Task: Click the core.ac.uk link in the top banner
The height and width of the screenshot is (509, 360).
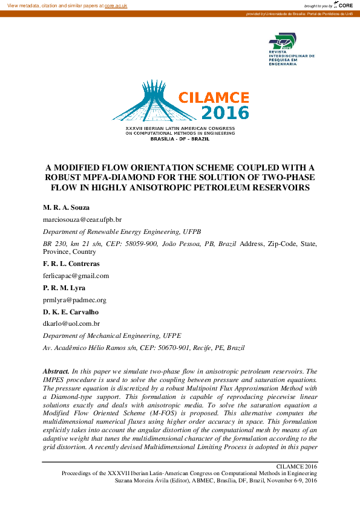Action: click(116, 5)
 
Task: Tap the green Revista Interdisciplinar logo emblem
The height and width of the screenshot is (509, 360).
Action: click(283, 42)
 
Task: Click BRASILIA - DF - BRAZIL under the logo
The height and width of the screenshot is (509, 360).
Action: click(180, 138)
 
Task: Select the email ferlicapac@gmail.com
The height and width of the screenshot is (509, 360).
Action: click(76, 276)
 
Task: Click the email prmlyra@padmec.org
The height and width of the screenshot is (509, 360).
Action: click(74, 299)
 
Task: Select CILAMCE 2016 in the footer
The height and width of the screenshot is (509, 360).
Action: click(296, 467)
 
